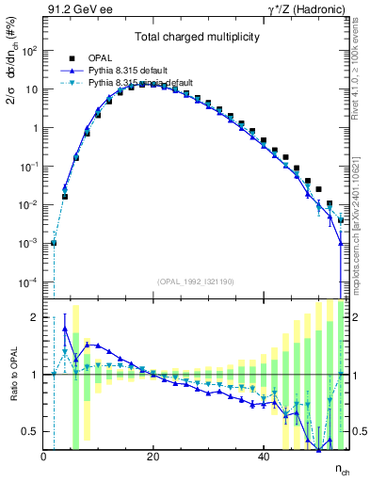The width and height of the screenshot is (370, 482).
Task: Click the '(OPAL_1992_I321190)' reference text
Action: coord(191,281)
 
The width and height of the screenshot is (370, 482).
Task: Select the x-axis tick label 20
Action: coord(153,457)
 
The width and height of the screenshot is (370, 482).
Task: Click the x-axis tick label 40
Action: coord(262,457)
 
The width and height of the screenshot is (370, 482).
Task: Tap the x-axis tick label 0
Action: coord(43,457)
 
